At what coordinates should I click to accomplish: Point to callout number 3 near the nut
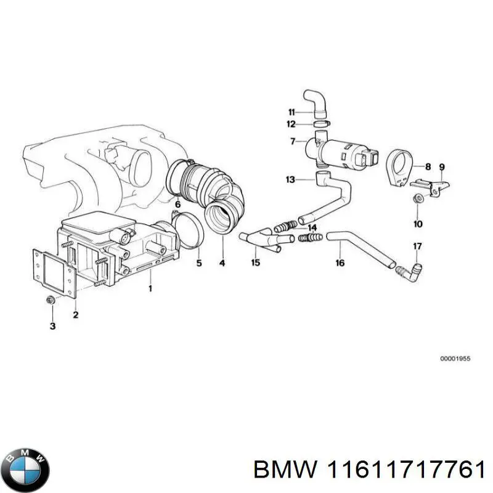pos(52,326)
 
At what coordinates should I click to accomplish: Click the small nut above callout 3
pos(51,300)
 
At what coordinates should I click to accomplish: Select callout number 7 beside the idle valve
pos(293,142)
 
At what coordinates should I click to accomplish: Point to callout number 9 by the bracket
pos(441,167)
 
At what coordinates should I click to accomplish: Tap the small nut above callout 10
pos(417,198)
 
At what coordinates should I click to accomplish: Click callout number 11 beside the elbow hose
pos(291,112)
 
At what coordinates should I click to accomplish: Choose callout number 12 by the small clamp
pos(291,124)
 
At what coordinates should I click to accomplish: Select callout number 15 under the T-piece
pos(255,263)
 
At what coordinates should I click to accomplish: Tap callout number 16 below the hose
pos(340,263)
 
